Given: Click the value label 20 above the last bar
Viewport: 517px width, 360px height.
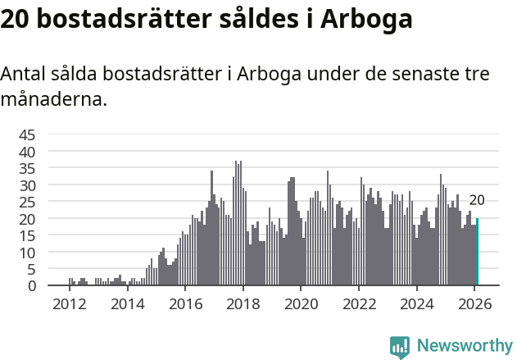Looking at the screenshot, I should [477, 200].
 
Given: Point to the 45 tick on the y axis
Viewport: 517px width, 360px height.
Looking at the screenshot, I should [27, 134].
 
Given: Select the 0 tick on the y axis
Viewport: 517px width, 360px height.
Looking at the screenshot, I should [32, 285].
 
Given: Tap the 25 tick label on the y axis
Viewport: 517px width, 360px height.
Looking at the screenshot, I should [27, 202].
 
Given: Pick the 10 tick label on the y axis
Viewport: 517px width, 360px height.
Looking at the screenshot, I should [27, 252].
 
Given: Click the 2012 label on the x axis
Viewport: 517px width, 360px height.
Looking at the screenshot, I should [69, 304].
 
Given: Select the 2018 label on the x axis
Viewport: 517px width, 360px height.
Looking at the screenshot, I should [243, 304].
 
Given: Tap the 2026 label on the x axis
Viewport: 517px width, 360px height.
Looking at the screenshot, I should [475, 304].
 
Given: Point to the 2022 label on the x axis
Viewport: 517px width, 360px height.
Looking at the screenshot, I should [359, 304].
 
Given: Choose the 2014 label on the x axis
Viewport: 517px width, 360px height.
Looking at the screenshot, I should [127, 304].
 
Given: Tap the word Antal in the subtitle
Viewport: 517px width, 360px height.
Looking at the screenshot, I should [23, 74].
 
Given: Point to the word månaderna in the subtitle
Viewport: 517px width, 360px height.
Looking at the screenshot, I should [53, 101].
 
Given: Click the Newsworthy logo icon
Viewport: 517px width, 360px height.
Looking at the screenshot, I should [400, 346].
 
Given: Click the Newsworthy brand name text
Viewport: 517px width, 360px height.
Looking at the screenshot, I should [464, 346].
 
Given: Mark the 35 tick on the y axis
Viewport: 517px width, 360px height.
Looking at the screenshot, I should [27, 168].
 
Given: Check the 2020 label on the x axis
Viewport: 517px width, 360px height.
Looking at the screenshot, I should [302, 304].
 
